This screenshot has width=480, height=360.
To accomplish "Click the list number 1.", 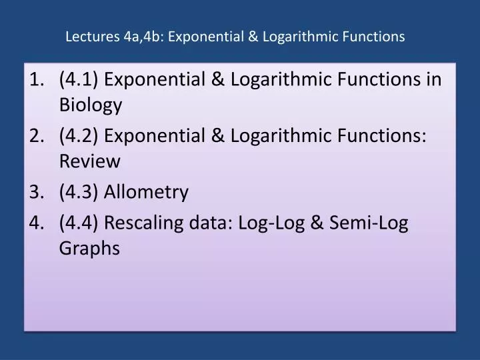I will tap(35, 80).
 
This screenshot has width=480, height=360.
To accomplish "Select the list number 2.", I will tap(35, 136).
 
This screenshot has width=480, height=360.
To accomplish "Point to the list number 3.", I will tap(35, 192).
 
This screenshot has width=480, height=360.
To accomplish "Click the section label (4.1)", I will tap(79, 80).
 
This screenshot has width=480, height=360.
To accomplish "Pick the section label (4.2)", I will tap(79, 136).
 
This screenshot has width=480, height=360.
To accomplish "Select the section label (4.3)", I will tap(79, 192).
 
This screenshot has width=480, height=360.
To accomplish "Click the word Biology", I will tap(91, 105).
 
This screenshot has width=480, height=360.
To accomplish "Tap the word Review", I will tap(89, 161).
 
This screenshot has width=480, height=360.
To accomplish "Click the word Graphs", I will tap(89, 249).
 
